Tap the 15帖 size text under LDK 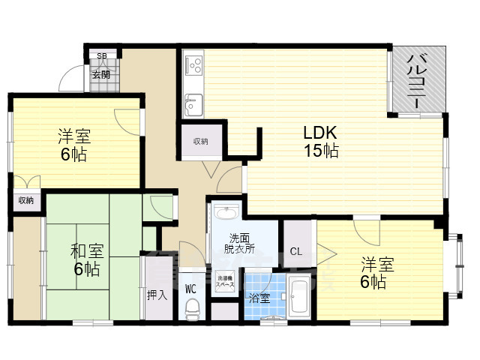pyautogui.click(x=321, y=151)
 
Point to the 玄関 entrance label pyautogui.click(x=101, y=75)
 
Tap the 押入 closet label pyautogui.click(x=157, y=295)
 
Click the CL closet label pyautogui.click(x=295, y=251)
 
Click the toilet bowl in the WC pyautogui.click(x=192, y=307)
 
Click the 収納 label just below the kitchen pyautogui.click(x=199, y=141)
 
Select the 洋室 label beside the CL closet pyautogui.click(x=373, y=265)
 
